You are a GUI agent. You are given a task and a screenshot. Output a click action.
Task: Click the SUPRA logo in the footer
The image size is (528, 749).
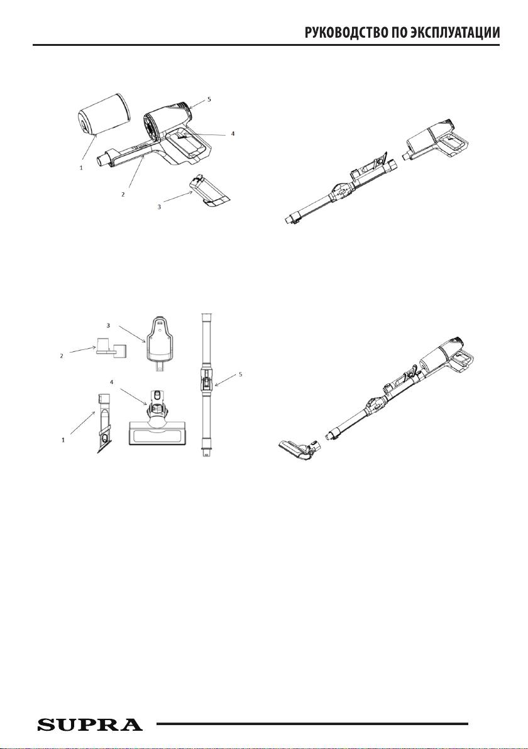[90, 724]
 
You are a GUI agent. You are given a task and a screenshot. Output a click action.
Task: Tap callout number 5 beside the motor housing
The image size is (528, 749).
[209, 99]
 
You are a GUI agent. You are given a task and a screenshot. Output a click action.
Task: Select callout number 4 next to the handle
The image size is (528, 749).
[233, 134]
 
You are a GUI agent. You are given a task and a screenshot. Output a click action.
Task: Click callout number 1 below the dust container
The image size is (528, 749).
[81, 168]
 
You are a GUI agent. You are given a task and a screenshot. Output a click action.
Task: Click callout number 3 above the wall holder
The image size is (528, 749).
[109, 325]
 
